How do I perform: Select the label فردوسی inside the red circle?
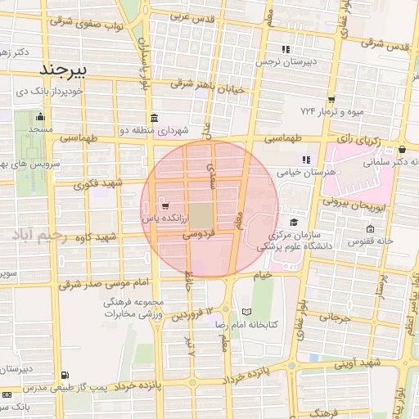(x=198, y=234)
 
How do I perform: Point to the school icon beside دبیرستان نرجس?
(x=286, y=49)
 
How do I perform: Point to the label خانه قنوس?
(x=360, y=242)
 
